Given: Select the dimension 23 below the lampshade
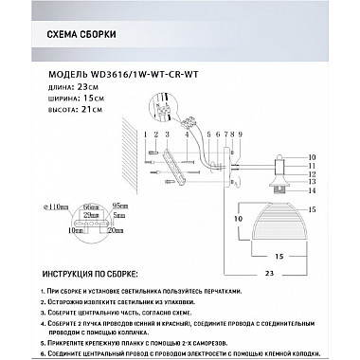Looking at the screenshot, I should pyautogui.click(x=270, y=272).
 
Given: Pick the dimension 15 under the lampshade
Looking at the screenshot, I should pyautogui.click(x=280, y=256).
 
